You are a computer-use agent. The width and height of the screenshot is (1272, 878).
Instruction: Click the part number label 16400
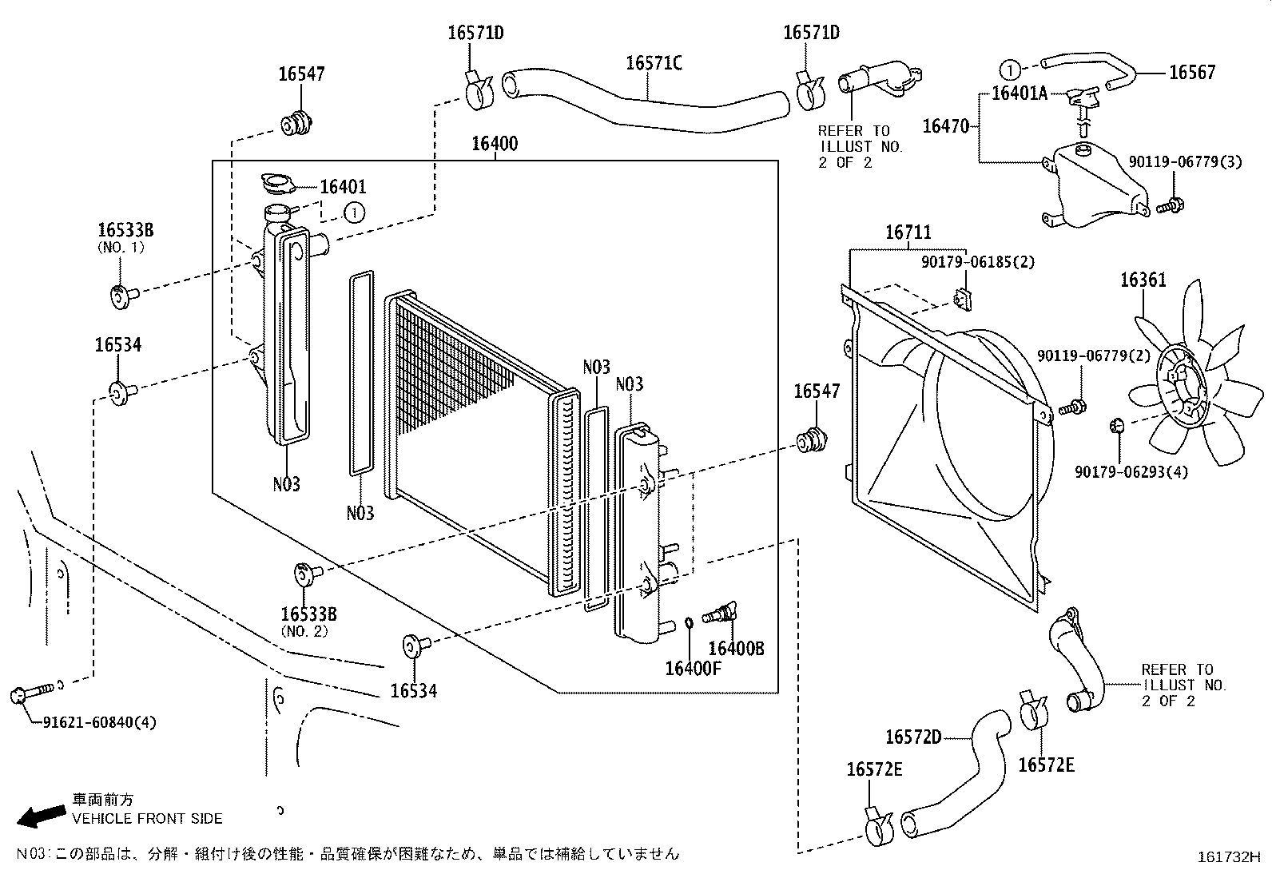pyautogui.click(x=494, y=145)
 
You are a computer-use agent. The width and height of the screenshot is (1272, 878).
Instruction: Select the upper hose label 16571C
pyautogui.click(x=654, y=63)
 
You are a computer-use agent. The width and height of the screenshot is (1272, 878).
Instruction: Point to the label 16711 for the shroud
pyautogui.click(x=908, y=233)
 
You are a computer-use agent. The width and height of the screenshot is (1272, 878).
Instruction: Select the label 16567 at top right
pyautogui.click(x=1191, y=73)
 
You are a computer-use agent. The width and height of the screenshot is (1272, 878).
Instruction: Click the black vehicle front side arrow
pyautogui.click(x=42, y=815)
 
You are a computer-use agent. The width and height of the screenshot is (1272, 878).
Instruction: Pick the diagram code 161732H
pyautogui.click(x=1227, y=857)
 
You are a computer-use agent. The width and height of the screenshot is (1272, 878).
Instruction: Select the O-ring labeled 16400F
pyautogui.click(x=688, y=622)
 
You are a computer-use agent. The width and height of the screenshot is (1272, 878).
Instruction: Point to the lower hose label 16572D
pyautogui.click(x=913, y=737)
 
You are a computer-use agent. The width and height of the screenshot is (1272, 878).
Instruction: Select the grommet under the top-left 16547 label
pyautogui.click(x=296, y=125)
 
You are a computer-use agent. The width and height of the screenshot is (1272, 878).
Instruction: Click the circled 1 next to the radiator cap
pyautogui.click(x=354, y=212)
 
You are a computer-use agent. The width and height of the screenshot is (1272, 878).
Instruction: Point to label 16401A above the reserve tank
pyautogui.click(x=1019, y=93)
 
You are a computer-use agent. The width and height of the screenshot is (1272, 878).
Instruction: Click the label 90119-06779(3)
pyautogui.click(x=1185, y=162)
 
